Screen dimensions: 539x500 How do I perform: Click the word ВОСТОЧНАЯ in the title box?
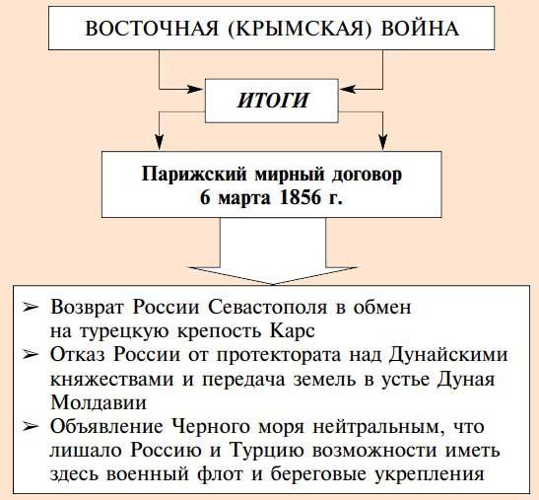pos(151,29)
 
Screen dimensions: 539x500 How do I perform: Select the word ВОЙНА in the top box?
pos(420,29)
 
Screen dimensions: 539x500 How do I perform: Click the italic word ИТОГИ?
pos(272,101)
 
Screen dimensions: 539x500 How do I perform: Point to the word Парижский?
pos(194,175)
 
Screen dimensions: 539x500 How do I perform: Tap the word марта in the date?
pos(244,199)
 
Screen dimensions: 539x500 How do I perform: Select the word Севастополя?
pos(267,307)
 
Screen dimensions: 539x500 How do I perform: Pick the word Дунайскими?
pos(448,355)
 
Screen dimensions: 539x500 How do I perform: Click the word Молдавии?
pos(99,402)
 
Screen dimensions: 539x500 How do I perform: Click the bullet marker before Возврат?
pos(31,307)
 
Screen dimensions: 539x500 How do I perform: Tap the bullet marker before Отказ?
pos(31,354)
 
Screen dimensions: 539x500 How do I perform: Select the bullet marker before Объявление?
pos(31,427)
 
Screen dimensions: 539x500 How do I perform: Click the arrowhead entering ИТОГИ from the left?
pos(194,90)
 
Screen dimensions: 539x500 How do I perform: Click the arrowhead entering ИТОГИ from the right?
pos(349,90)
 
